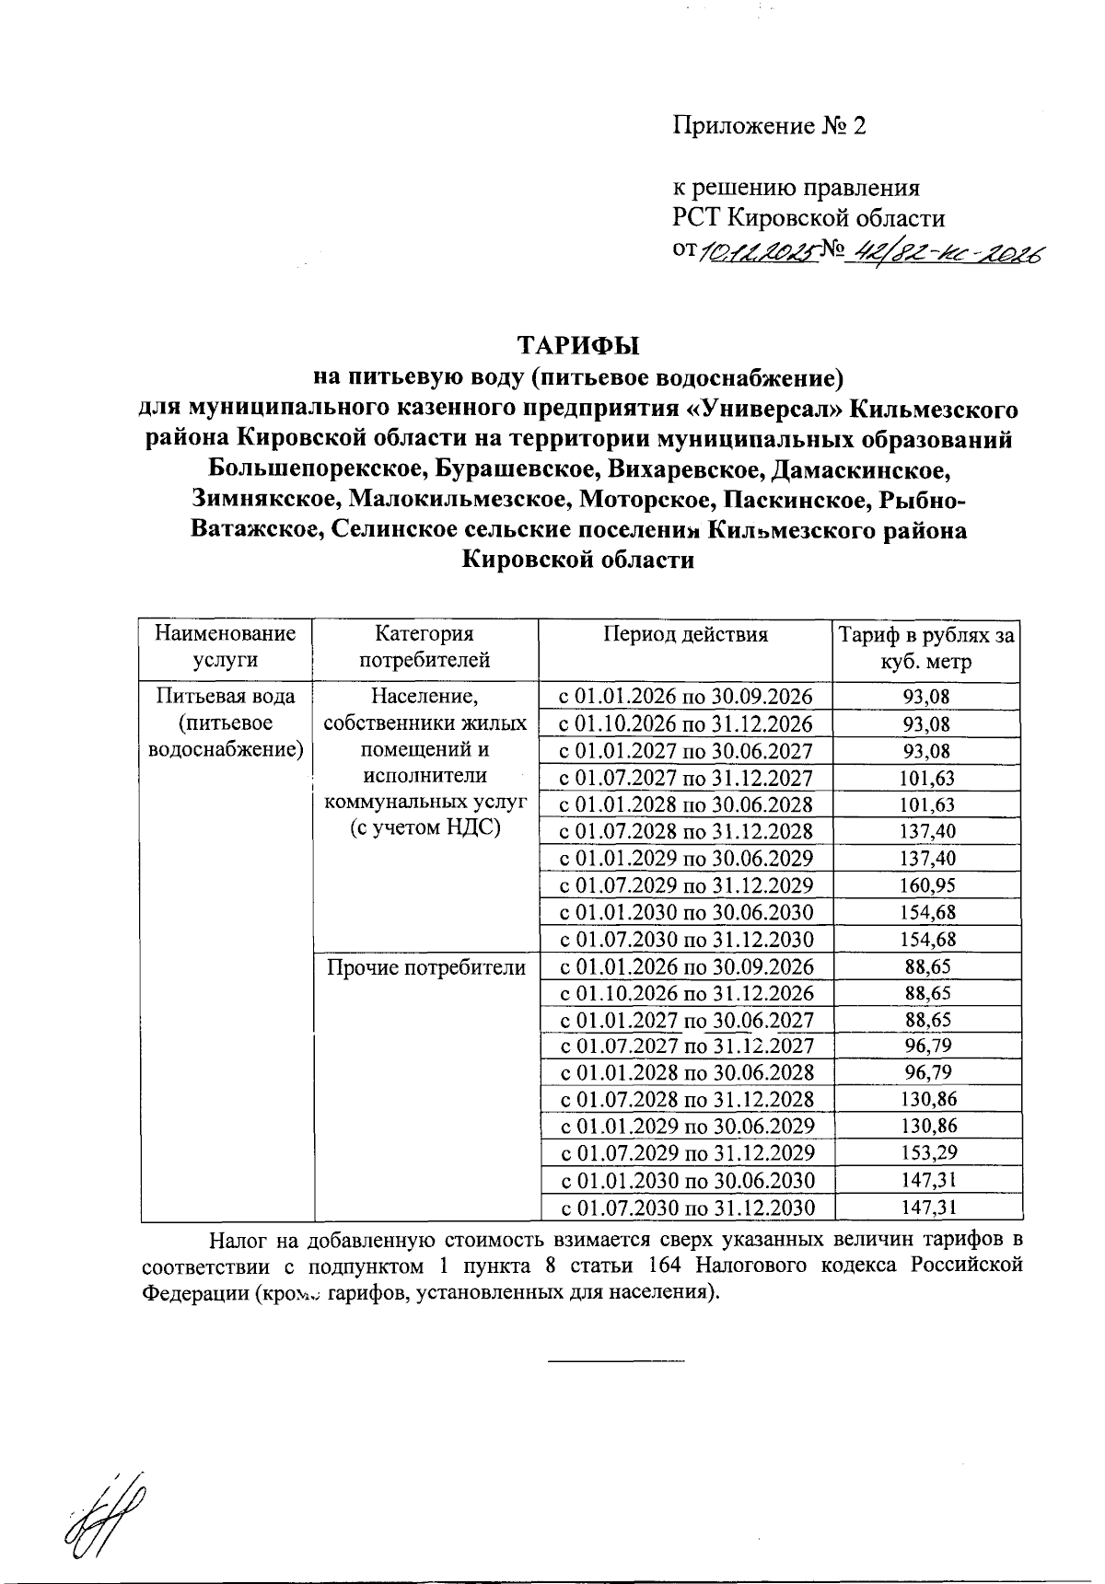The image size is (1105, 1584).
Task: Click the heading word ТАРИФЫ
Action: pyautogui.click(x=577, y=346)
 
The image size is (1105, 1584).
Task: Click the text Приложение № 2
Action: pyautogui.click(x=770, y=126)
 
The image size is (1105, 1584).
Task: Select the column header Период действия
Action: pyautogui.click(x=685, y=634)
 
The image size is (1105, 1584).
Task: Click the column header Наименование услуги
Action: pyautogui.click(x=226, y=647)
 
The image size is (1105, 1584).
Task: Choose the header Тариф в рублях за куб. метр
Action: pyautogui.click(x=925, y=648)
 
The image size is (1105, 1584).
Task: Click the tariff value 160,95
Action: pyautogui.click(x=927, y=885)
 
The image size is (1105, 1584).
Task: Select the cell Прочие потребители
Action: pyautogui.click(x=425, y=967)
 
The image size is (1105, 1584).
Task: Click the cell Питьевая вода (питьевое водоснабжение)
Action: pyautogui.click(x=226, y=722)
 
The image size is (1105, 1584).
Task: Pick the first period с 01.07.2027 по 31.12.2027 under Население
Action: pyautogui.click(x=686, y=778)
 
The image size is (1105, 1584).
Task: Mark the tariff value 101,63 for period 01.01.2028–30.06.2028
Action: pyautogui.click(x=927, y=804)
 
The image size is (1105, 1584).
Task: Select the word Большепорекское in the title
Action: pyautogui.click(x=317, y=469)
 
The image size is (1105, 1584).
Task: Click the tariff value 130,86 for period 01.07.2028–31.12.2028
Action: pyautogui.click(x=927, y=1099)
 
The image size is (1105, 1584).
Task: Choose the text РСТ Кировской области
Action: pyautogui.click(x=809, y=219)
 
